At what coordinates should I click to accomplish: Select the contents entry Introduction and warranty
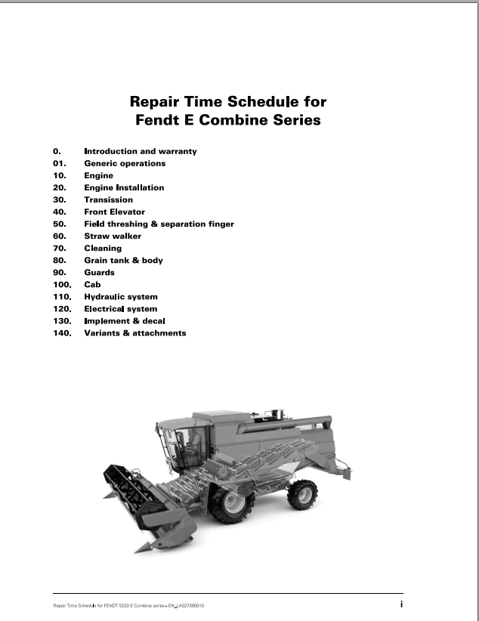click(140, 151)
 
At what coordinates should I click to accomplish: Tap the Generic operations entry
click(125, 163)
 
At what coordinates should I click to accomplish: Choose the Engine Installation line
click(124, 187)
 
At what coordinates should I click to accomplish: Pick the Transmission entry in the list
click(108, 199)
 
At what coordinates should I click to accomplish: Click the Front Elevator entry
click(114, 212)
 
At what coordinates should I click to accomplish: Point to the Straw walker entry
click(113, 236)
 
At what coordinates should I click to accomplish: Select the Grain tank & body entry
click(123, 260)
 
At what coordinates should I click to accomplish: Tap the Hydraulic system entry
click(121, 297)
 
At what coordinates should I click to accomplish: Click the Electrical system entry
click(121, 309)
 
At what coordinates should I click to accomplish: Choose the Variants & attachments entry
click(134, 333)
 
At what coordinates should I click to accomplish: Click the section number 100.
click(62, 285)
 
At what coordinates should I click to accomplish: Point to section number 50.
click(60, 224)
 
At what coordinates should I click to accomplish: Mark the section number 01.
click(60, 163)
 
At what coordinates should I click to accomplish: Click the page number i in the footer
click(401, 604)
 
